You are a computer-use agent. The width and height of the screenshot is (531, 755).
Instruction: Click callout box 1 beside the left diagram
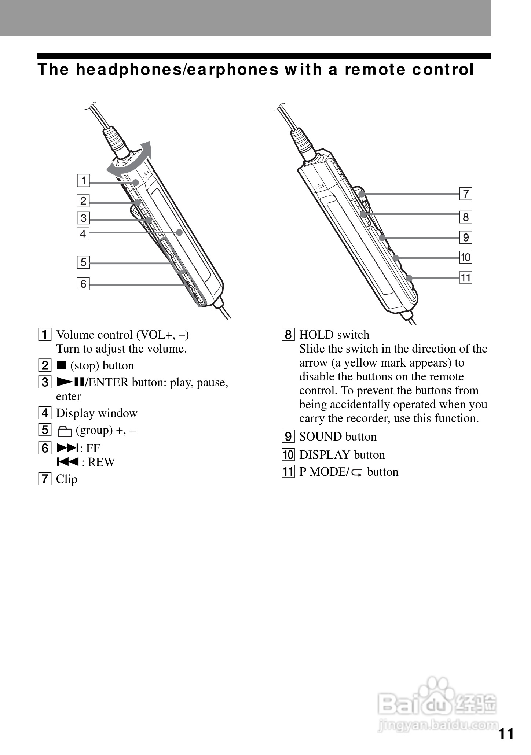84,181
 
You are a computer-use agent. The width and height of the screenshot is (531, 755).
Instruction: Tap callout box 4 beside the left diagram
83,233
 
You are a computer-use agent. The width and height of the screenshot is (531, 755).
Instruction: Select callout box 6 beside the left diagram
83,284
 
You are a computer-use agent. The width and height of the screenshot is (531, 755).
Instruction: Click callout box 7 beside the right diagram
466,194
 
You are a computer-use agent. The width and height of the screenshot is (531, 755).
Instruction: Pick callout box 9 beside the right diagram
466,237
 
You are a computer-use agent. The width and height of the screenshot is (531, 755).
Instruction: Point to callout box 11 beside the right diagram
466,277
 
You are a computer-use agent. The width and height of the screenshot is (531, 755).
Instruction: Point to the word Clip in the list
66,479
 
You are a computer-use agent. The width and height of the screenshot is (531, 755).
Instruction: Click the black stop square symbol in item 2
61,365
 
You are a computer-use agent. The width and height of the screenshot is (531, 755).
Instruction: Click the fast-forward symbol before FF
67,448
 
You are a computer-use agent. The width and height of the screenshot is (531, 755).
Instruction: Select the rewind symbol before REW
67,462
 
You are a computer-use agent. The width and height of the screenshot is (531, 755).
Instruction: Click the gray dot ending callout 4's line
179,232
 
